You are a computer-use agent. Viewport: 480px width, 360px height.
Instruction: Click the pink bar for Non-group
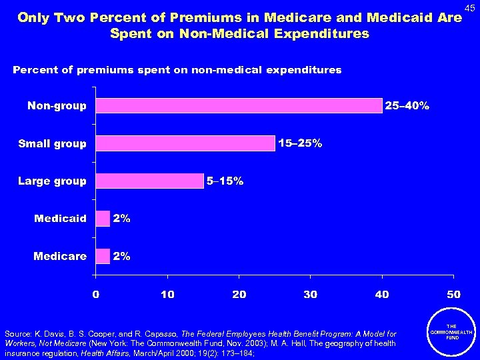tap(239, 106)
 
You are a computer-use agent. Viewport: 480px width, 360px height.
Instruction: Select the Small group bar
tap(185, 143)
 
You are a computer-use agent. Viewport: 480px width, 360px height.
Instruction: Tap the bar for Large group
tap(149, 181)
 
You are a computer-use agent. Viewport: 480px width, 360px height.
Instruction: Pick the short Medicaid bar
tap(103, 219)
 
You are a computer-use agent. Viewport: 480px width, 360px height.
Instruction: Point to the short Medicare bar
tap(103, 256)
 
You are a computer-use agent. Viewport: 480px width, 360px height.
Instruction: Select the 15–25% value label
tap(301, 143)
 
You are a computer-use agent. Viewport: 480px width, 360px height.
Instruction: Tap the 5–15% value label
tap(225, 181)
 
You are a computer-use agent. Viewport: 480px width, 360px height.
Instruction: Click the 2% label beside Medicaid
tap(121, 219)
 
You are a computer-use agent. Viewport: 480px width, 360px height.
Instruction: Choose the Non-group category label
tap(57, 106)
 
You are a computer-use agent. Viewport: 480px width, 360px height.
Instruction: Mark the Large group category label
tap(52, 181)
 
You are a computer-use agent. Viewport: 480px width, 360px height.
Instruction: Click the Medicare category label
tap(61, 256)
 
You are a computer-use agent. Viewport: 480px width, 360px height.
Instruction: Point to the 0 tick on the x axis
tap(95, 294)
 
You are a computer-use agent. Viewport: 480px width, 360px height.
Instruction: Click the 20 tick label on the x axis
tap(239, 294)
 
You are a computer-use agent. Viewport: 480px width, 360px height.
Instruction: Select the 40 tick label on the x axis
tap(382, 294)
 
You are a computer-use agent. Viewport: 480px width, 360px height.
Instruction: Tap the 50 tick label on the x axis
tap(453, 294)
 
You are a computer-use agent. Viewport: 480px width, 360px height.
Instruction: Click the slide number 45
tap(469, 7)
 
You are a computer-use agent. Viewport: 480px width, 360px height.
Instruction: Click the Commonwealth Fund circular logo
tap(453, 333)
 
